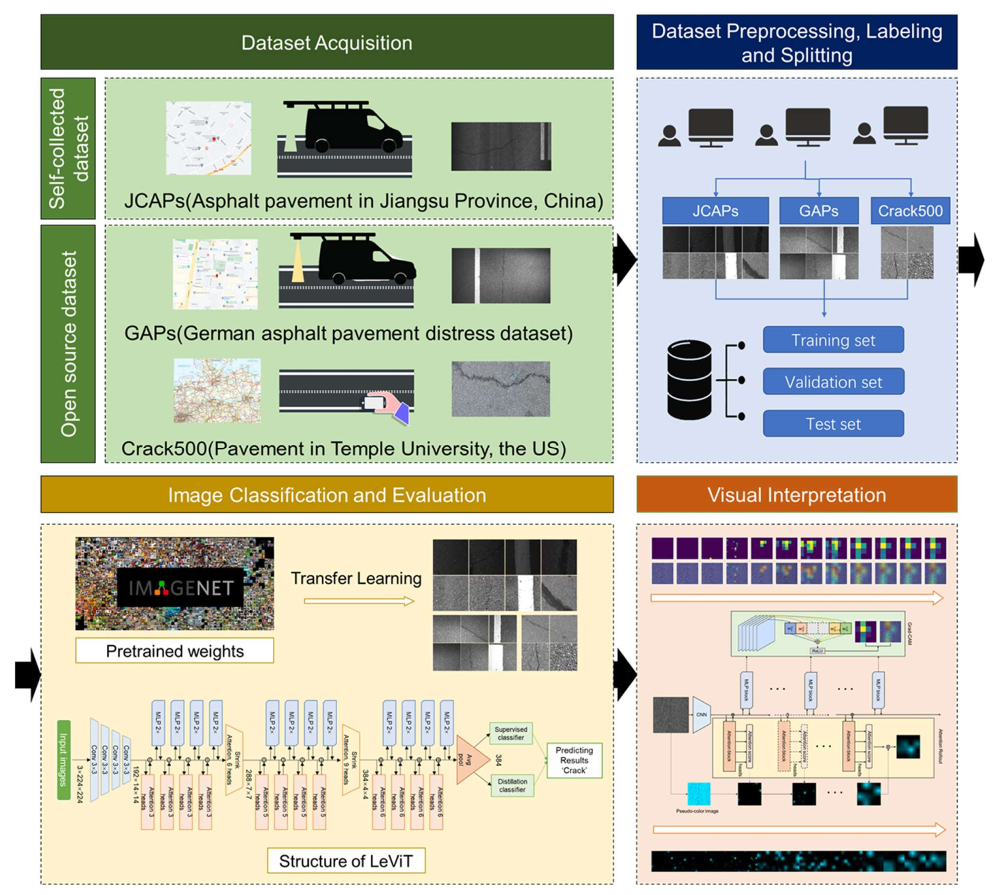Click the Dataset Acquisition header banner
coord(326,42)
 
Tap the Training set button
coord(833,340)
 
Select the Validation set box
coord(833,381)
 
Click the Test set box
coord(833,424)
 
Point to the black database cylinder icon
coord(689,380)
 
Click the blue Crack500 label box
coord(909,211)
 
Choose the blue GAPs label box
coord(818,211)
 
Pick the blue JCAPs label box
coord(715,211)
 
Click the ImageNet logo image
coord(174,583)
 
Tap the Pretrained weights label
coord(174,651)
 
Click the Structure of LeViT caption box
coord(346,861)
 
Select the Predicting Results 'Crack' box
coord(574,760)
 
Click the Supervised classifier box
coord(511,733)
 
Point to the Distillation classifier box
coord(512,785)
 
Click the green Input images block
coord(63,760)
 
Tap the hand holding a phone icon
coord(387,405)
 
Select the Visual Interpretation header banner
coord(796,494)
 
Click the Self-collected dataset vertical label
coord(67,148)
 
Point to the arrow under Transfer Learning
coord(359,601)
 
